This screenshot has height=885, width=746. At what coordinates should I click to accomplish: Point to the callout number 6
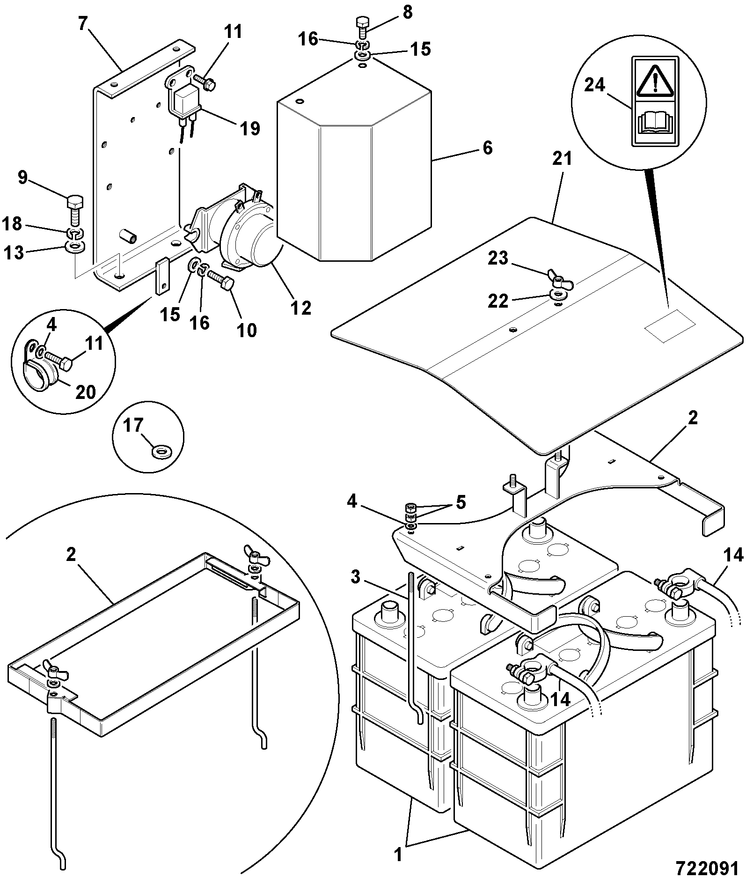(x=487, y=148)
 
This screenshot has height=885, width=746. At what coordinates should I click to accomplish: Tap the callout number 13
(x=14, y=253)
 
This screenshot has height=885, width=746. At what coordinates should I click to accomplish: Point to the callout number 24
(x=594, y=86)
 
